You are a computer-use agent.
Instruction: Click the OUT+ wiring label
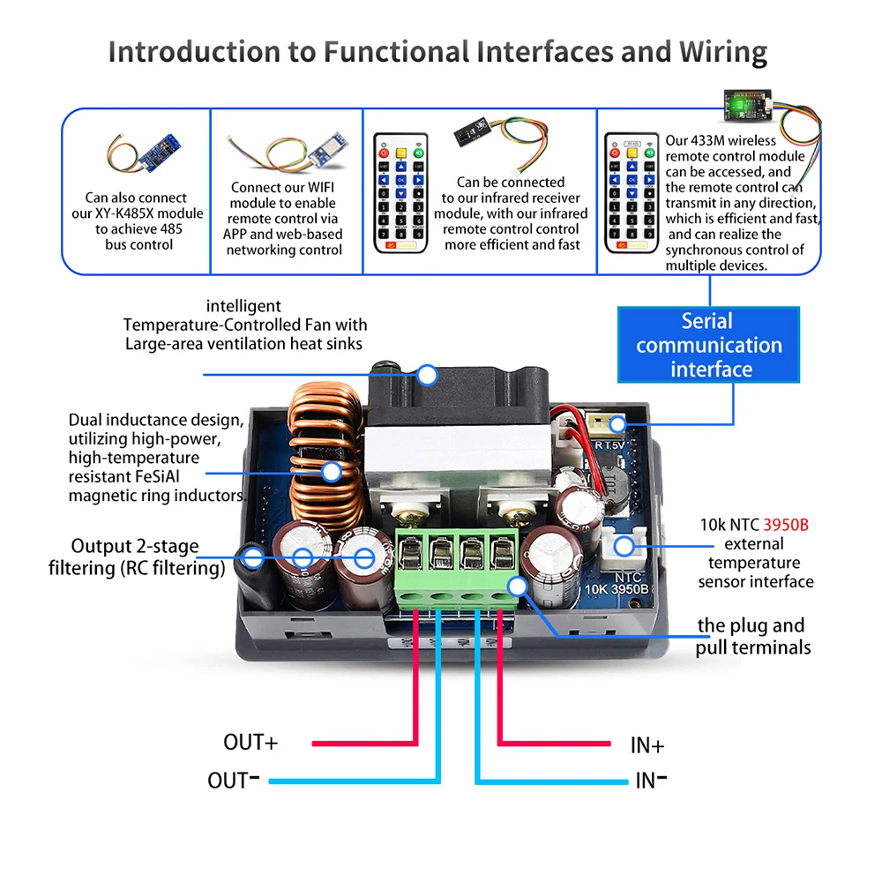pyautogui.click(x=250, y=743)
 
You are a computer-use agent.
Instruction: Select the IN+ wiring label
pyautogui.click(x=647, y=745)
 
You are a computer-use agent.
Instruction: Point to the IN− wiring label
pyautogui.click(x=651, y=781)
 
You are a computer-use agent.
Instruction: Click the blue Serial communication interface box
pyautogui.click(x=709, y=345)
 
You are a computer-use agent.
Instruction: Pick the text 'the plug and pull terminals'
pyautogui.click(x=752, y=637)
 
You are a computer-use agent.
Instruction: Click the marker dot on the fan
pyautogui.click(x=428, y=376)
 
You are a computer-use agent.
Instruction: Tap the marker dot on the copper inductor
pyautogui.click(x=332, y=472)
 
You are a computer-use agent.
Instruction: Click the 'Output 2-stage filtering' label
pyautogui.click(x=136, y=557)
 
